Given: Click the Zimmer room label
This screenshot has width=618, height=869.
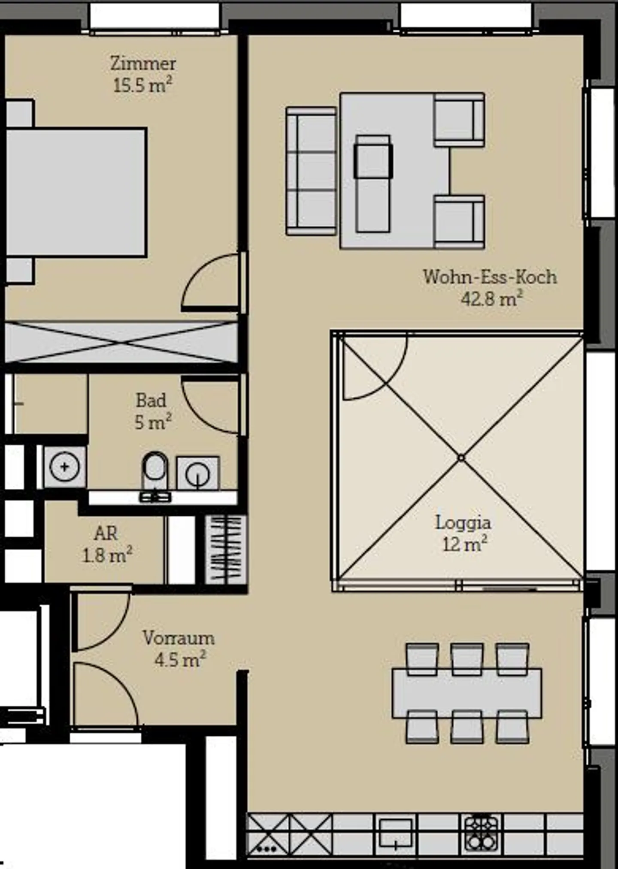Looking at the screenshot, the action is tap(143, 64).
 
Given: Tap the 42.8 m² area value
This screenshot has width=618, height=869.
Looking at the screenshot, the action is tap(492, 298).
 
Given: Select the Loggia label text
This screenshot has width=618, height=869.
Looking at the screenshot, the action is tap(463, 523).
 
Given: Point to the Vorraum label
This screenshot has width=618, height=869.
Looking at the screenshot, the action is tap(179, 638).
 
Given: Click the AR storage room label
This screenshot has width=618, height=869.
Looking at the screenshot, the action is tap(106, 533).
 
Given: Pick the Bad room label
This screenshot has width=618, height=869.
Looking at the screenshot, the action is tap(151, 400).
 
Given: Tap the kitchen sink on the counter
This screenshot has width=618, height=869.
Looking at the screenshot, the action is tap(395, 833).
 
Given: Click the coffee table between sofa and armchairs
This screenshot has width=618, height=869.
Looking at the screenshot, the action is tap(373, 183).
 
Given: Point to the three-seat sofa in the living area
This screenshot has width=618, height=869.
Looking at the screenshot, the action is tap(311, 171).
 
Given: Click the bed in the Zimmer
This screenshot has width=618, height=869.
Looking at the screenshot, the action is tap(76, 192).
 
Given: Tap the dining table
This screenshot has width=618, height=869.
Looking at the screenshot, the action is tap(467, 693).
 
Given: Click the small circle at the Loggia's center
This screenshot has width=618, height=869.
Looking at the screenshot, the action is tap(461, 458).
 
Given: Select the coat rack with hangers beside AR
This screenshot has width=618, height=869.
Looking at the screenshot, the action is tap(226, 549).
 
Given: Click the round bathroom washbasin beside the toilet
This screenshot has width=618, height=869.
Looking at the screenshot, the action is tap(198, 473).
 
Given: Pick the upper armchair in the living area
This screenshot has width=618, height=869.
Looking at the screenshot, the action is tap(459, 120).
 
